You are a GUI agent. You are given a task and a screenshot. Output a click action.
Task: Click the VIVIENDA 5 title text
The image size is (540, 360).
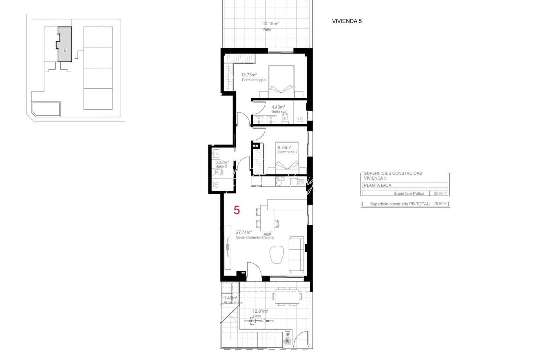point(347,21)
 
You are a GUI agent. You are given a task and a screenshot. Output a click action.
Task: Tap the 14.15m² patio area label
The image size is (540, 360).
point(270,24)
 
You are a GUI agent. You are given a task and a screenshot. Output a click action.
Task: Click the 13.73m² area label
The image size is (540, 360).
point(249,75)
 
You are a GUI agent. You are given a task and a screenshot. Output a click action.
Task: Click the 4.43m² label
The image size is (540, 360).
point(278,107)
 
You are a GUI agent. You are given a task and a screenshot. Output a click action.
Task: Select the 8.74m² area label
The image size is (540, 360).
point(284,147)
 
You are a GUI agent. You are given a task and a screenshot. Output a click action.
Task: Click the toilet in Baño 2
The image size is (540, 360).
point(218,172)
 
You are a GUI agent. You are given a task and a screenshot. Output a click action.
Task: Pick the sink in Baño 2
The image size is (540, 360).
point(216,154)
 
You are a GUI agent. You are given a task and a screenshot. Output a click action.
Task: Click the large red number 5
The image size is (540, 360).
point(237,210)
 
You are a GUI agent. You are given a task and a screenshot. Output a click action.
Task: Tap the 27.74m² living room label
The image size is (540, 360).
point(244,232)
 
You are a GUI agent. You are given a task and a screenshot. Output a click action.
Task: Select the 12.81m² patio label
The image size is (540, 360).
point(260,311)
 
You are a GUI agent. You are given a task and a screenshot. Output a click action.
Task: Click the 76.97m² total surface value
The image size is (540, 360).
point(440,204)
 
